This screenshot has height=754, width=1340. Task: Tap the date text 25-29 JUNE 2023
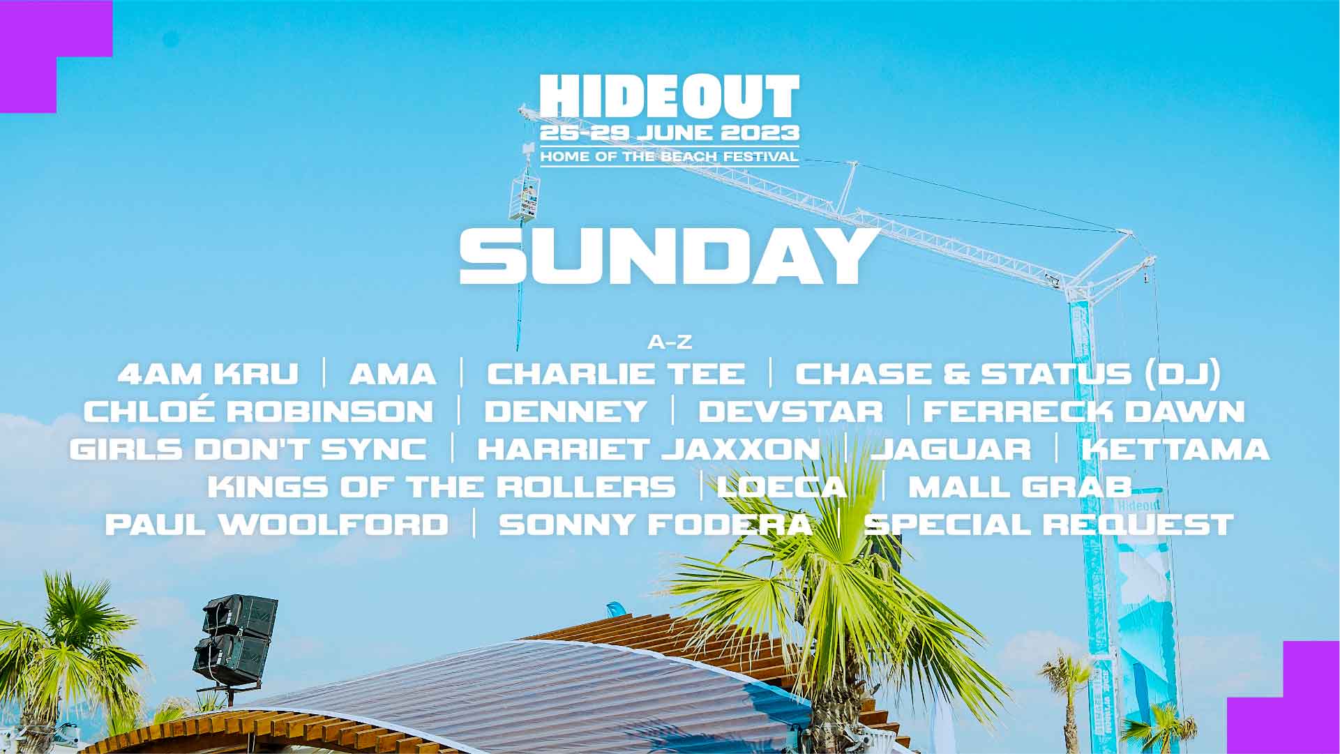click(669, 133)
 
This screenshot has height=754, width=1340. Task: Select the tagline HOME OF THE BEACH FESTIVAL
click(669, 156)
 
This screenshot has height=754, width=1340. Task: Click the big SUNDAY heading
click(668, 256)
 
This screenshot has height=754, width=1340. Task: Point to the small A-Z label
click(670, 342)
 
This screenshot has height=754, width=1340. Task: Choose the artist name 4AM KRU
click(208, 374)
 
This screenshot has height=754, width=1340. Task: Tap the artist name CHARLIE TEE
click(616, 374)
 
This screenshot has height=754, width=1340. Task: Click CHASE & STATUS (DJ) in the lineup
click(1008, 374)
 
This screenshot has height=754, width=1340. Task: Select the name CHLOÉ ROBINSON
click(259, 411)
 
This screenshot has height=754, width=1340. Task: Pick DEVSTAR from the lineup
click(790, 411)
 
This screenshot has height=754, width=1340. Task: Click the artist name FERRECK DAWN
click(1084, 411)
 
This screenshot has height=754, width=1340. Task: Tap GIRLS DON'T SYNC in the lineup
click(248, 448)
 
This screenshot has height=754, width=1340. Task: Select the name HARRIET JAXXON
click(649, 448)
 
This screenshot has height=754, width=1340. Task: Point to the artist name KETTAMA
click(1175, 448)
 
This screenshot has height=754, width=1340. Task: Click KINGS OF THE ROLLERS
click(442, 486)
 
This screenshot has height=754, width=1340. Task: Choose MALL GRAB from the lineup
click(1019, 486)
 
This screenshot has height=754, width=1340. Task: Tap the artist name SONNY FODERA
click(656, 524)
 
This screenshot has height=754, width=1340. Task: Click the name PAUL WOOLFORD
click(277, 524)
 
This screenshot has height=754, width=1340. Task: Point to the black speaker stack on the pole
click(236, 638)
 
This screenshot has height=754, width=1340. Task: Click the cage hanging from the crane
click(524, 197)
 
